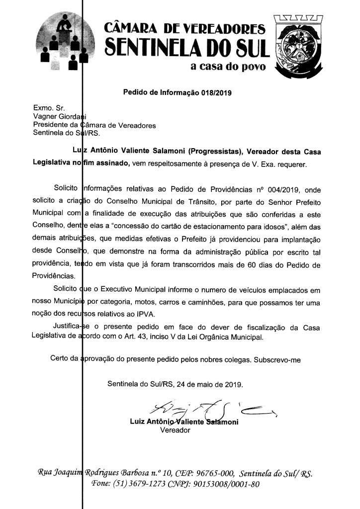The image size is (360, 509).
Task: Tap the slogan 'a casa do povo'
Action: click(228, 67)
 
